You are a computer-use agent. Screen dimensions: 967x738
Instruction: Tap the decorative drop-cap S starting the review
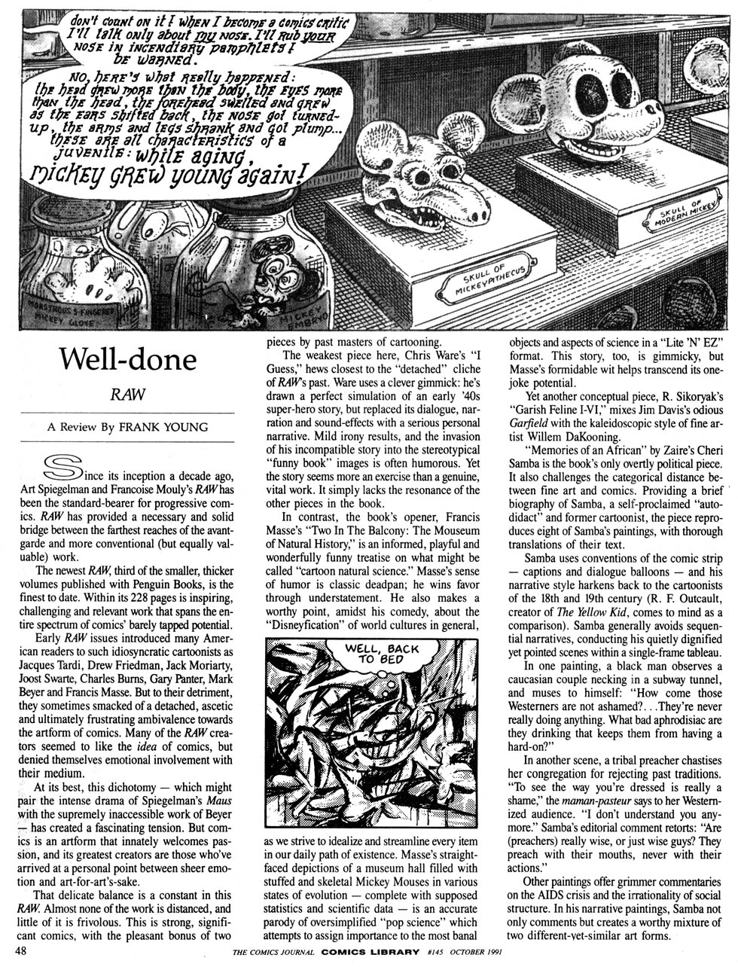63,468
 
